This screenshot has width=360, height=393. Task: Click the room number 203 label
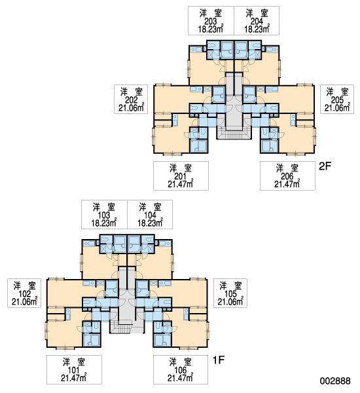pyautogui.click(x=211, y=21)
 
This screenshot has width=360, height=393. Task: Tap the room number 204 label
pyautogui.click(x=257, y=21)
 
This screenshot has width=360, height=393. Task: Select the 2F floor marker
pyautogui.click(x=325, y=166)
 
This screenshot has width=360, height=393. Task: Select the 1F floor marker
pyautogui.click(x=219, y=360)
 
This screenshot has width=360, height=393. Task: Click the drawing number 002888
pyautogui.click(x=335, y=381)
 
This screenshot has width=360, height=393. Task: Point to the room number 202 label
pyautogui.click(x=132, y=100)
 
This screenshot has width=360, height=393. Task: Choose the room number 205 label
pyautogui.click(x=337, y=100)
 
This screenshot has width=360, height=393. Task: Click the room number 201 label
pyautogui.click(x=181, y=176)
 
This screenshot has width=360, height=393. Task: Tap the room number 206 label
pyautogui.click(x=287, y=176)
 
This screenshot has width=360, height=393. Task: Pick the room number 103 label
pyautogui.click(x=103, y=215)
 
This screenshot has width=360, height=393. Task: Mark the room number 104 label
pyautogui.click(x=150, y=215)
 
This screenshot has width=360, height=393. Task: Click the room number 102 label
pyautogui.click(x=25, y=293)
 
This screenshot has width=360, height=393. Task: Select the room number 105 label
pyautogui.click(x=230, y=293)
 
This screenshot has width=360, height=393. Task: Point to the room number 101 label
pyautogui.click(x=74, y=370)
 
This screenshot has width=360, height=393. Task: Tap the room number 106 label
pyautogui.click(x=181, y=370)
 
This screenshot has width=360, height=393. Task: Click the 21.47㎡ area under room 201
pyautogui.click(x=181, y=183)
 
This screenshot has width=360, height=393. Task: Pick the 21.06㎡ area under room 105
pyautogui.click(x=230, y=301)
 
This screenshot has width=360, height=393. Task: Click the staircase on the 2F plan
pyautogui.click(x=234, y=134)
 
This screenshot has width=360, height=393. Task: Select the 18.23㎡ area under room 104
pyautogui.click(x=151, y=223)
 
